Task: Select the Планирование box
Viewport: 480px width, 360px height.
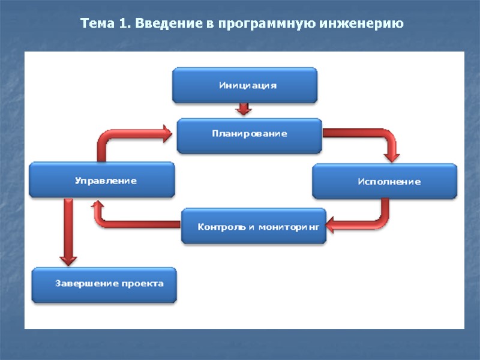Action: [x=249, y=134]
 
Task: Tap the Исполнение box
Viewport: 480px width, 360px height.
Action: [x=385, y=181]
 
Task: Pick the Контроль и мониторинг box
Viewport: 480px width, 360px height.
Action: [x=254, y=226]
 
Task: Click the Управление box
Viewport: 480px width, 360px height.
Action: [x=103, y=180]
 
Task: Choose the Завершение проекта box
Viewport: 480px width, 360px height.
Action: [x=106, y=284]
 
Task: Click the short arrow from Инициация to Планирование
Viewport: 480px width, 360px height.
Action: [x=243, y=109]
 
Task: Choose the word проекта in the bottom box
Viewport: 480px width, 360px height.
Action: [x=143, y=284]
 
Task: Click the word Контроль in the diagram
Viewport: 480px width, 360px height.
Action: [x=220, y=227]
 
